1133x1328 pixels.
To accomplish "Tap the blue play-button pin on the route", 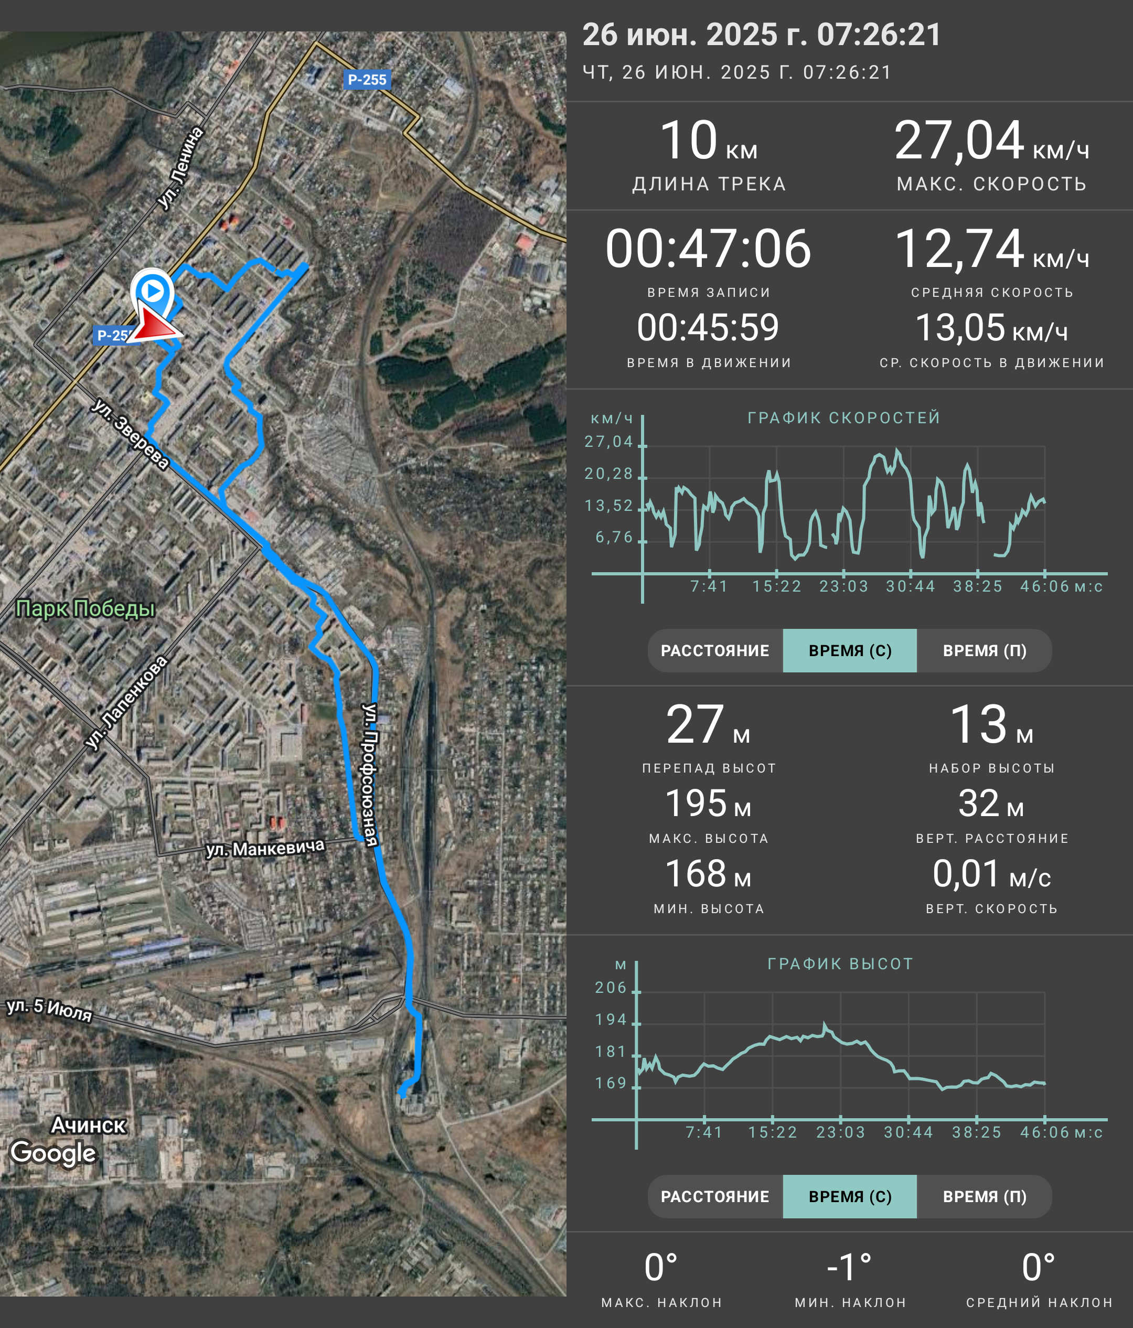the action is pos(153,292).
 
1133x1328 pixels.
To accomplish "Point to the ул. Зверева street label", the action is pos(130,434).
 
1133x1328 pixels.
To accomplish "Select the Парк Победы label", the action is pos(85,608).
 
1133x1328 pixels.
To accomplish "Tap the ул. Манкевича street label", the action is pos(265,849).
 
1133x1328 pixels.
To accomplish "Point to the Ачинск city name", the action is pos(89,1125).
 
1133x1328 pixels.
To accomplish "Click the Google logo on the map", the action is pos(53,1152).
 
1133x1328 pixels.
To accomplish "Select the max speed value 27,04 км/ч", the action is pos(991,141).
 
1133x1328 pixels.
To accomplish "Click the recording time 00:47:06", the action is pos(708,249).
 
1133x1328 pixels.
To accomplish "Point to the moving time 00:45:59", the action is pos(708,327).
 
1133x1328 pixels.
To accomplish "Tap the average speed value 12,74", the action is pos(959,249).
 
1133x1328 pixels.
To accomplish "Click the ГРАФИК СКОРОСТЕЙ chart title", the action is pos(844,418).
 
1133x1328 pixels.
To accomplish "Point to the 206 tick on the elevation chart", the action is pos(611,988).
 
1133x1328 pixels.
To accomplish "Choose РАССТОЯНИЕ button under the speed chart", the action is pos(715,650).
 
